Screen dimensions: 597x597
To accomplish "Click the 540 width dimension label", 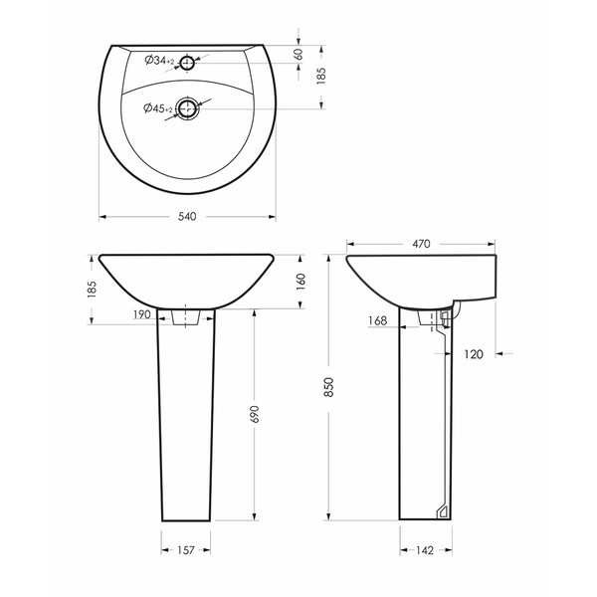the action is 187,217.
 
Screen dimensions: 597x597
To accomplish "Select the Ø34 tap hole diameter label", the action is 159,60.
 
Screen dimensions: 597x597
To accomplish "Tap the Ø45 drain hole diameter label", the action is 158,108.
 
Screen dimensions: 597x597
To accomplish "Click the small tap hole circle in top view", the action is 187,63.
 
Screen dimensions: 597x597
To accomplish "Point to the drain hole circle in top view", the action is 188,108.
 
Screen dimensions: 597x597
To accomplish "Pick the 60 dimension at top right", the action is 298,54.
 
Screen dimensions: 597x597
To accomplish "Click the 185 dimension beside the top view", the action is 321,76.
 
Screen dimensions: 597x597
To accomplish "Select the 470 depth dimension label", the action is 421,244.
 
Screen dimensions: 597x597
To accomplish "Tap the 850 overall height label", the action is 328,387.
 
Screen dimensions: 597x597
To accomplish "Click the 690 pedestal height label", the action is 255,414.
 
